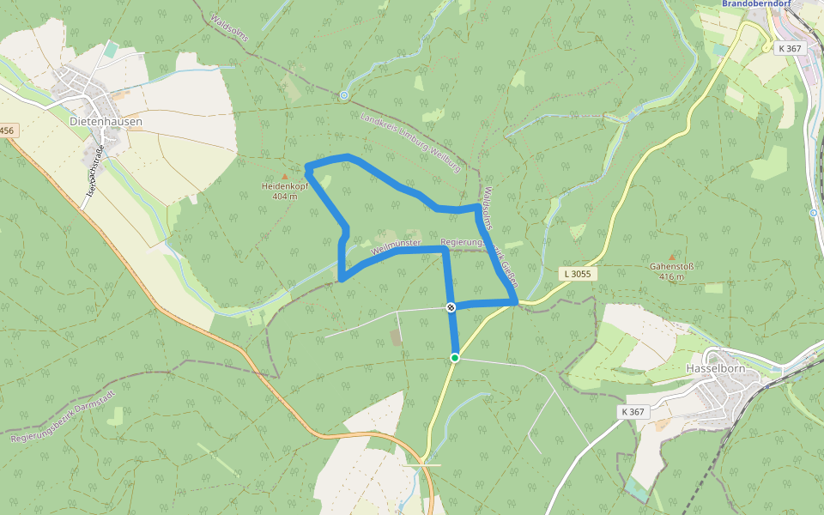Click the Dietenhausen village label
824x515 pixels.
(x=106, y=122)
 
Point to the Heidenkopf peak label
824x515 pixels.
(x=286, y=185)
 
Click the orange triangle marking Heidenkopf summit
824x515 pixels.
(x=286, y=177)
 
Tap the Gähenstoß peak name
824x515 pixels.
(x=671, y=266)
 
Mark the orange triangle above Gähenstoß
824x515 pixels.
(x=671, y=257)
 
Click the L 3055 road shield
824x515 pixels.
(x=579, y=274)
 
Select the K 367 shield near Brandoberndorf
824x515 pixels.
(x=790, y=48)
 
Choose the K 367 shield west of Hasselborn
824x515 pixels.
(x=633, y=412)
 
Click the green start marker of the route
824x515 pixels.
(x=455, y=357)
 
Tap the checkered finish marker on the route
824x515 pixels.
(x=451, y=306)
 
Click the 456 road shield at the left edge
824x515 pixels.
(x=7, y=130)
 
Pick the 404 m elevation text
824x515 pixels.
(x=286, y=196)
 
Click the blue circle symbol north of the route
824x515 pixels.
(x=344, y=95)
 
